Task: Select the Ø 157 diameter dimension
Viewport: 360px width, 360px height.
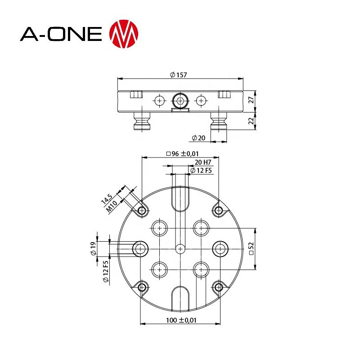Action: tap(179, 75)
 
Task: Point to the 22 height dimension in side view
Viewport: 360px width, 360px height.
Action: tap(252, 121)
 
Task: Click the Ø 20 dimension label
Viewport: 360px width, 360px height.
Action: tap(198, 137)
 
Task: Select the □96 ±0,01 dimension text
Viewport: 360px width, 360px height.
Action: tap(182, 153)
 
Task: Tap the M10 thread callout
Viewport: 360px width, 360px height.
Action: tap(112, 206)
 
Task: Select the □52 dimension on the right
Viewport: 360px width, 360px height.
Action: tap(252, 249)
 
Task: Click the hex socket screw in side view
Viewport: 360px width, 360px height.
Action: tap(180, 101)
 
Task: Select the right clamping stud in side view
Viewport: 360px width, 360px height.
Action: tap(219, 121)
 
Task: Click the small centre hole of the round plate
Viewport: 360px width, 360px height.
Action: tap(180, 248)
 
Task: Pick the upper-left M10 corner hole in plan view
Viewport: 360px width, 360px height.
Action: tap(142, 210)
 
